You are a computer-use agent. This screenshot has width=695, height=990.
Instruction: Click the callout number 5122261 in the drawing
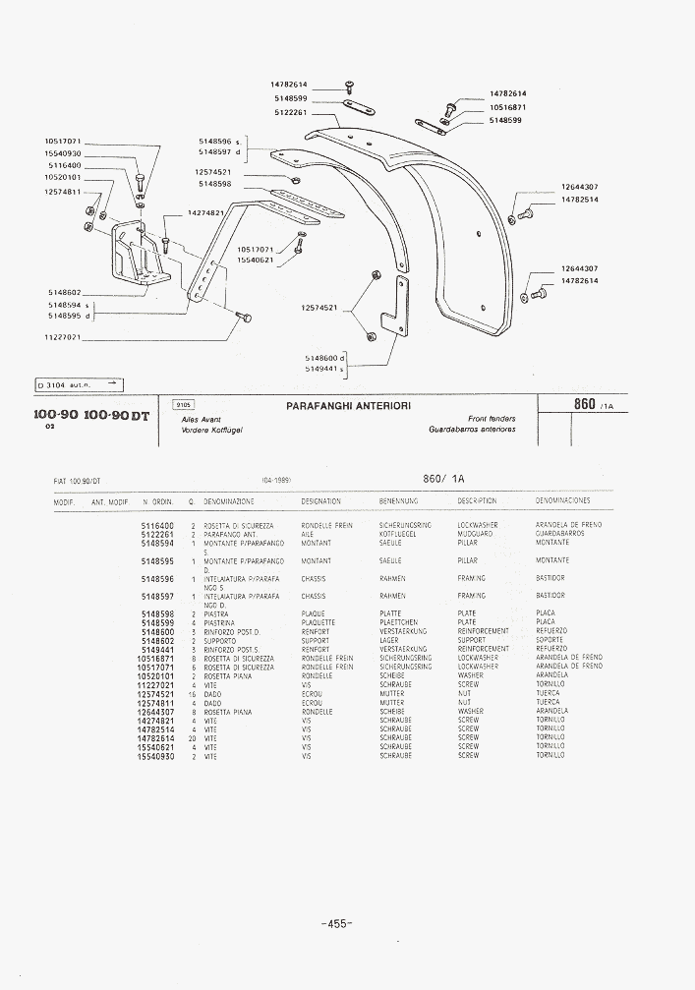[291, 112]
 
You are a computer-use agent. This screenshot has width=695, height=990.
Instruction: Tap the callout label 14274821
[206, 212]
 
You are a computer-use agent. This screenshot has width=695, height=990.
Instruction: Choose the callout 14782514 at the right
[580, 200]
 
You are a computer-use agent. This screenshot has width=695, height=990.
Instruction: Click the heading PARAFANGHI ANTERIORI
[348, 405]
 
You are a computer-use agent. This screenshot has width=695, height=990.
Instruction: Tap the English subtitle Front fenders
[492, 418]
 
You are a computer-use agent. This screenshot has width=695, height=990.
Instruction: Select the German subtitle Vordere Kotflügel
[212, 430]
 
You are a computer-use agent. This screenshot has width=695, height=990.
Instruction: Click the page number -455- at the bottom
[336, 923]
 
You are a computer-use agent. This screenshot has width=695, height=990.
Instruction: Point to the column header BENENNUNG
[398, 501]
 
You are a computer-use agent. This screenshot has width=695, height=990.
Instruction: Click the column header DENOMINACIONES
[562, 501]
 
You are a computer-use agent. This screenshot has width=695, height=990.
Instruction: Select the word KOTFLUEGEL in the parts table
[398, 534]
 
